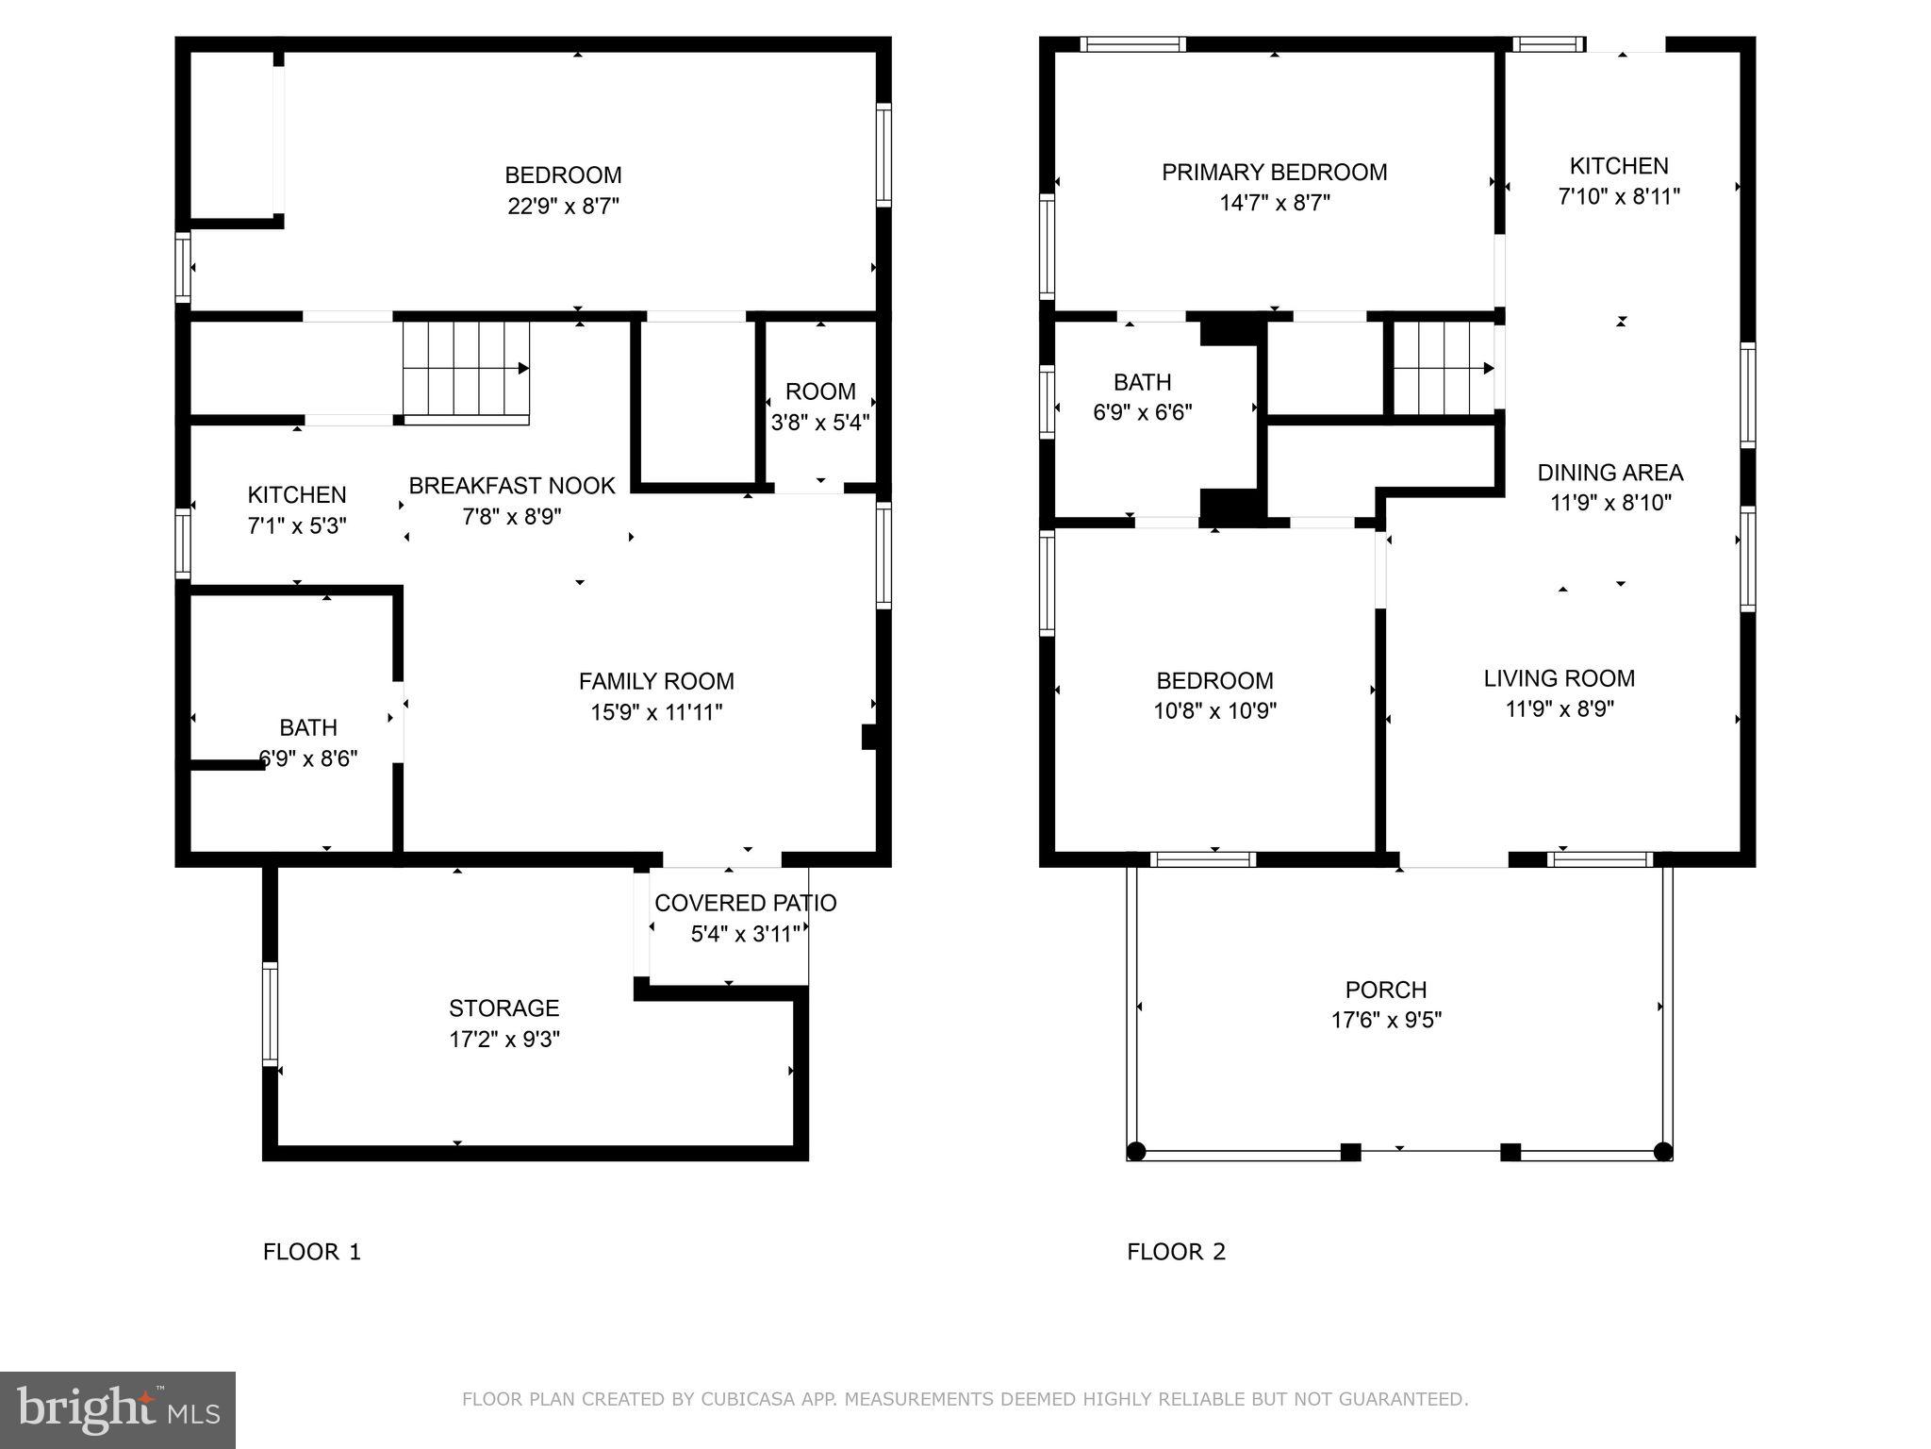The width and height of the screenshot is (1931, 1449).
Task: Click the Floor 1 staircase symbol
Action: coord(466,369)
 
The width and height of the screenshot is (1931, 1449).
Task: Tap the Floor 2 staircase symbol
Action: coord(1443,368)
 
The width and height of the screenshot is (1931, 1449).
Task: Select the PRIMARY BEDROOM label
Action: coord(1274,173)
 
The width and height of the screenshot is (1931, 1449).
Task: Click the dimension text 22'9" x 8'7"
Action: coord(563,206)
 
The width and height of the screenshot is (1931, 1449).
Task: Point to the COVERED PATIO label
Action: coord(745,903)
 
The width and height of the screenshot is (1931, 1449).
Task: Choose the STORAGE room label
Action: coord(503,1008)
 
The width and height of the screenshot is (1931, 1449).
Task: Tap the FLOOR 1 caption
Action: coord(311,1252)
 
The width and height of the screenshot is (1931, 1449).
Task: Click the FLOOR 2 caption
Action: coord(1176,1252)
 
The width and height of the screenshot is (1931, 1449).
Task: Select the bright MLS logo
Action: coord(118,1409)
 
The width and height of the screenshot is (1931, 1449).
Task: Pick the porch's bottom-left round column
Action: coord(1136,1152)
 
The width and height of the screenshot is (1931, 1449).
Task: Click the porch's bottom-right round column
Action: coord(1663,1152)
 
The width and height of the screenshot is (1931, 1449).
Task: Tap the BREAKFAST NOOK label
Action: coord(511,486)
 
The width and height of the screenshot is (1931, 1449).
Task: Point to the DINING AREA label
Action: coord(1609,473)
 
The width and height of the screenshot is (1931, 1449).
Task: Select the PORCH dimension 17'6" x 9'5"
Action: coord(1386,1020)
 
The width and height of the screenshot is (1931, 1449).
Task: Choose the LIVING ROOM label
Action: coord(1559,678)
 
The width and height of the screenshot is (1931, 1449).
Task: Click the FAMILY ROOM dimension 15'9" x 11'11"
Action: coord(656,712)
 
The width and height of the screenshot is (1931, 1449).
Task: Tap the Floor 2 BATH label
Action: coord(1142,382)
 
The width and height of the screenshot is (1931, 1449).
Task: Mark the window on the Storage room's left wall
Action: coord(271,1014)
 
